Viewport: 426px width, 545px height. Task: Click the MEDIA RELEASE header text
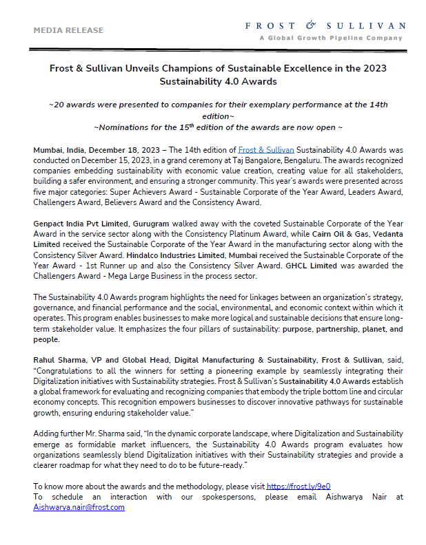pyautogui.click(x=68, y=30)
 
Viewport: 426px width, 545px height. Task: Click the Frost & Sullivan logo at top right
pyautogui.click(x=325, y=26)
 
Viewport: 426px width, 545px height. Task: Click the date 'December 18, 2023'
pyautogui.click(x=128, y=149)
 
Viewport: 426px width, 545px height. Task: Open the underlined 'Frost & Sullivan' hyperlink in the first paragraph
pyautogui.click(x=266, y=149)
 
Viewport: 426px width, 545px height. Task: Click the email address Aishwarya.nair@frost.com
pyautogui.click(x=79, y=506)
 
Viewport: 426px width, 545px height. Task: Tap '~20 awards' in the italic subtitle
pyautogui.click(x=68, y=105)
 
